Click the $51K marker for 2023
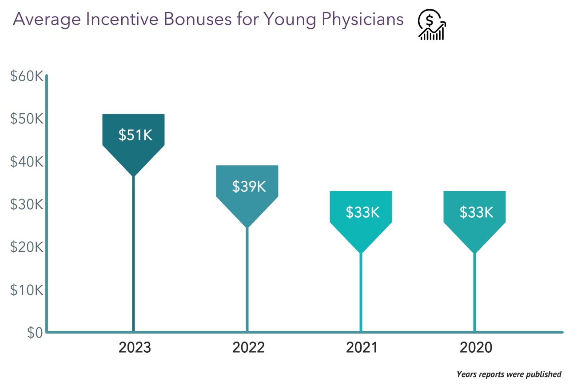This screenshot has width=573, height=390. click(x=134, y=135)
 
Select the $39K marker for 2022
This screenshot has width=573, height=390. click(x=247, y=187)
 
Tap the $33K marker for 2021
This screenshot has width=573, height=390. click(x=361, y=212)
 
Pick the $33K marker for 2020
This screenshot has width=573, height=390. click(x=475, y=212)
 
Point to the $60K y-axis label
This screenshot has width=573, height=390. click(x=26, y=76)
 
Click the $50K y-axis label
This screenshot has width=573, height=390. click(x=26, y=119)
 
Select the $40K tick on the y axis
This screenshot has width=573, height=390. click(x=26, y=162)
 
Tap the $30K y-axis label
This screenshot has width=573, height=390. click(x=26, y=204)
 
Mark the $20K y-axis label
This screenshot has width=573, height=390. click(x=26, y=247)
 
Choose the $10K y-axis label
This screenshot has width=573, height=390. click(x=26, y=290)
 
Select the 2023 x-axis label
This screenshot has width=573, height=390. click(x=135, y=347)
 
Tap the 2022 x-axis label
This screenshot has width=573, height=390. click(x=248, y=347)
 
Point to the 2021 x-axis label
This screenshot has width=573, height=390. click(x=362, y=347)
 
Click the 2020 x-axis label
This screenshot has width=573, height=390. click(x=476, y=347)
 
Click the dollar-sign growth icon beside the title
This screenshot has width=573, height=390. click(x=431, y=25)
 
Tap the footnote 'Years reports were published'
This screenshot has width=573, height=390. click(x=509, y=374)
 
